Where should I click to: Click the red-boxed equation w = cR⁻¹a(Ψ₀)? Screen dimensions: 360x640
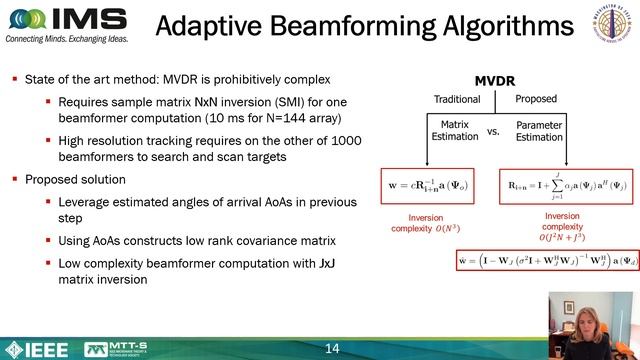tap(428, 186)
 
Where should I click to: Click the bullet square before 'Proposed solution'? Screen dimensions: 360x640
tap(16, 180)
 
